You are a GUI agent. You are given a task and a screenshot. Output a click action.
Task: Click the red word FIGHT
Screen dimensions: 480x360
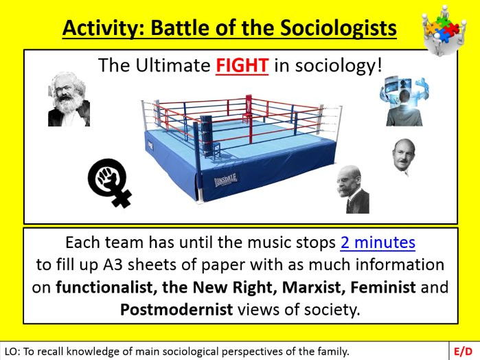tap(242, 65)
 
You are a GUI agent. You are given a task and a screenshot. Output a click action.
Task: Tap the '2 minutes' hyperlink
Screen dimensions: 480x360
tap(378, 243)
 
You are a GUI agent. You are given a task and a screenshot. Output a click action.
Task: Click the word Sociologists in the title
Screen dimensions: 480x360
tap(339, 28)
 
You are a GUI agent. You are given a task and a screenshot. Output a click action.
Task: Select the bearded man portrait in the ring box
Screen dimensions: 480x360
tap(69, 99)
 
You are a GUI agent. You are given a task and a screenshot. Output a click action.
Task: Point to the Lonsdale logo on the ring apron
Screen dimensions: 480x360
tap(226, 179)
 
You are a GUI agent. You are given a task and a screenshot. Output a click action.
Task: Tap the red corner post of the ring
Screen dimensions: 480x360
tap(249, 119)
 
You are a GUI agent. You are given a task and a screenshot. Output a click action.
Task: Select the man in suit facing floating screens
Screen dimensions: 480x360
tap(404, 102)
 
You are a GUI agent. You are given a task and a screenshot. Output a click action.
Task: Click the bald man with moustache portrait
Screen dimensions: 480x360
tap(404, 157)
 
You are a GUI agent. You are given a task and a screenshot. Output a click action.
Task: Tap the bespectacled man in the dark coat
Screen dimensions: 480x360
tap(353, 190)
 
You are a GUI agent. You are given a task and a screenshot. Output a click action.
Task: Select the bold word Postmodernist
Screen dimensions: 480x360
tap(176, 309)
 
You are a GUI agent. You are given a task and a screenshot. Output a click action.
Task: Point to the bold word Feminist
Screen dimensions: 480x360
tap(383, 287)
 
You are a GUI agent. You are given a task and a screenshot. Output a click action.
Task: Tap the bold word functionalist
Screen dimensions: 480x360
tap(106, 287)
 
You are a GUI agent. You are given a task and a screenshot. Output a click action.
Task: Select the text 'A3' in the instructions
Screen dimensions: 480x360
tap(113, 265)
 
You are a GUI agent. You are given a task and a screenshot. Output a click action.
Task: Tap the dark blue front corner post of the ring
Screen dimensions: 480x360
tap(197, 159)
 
